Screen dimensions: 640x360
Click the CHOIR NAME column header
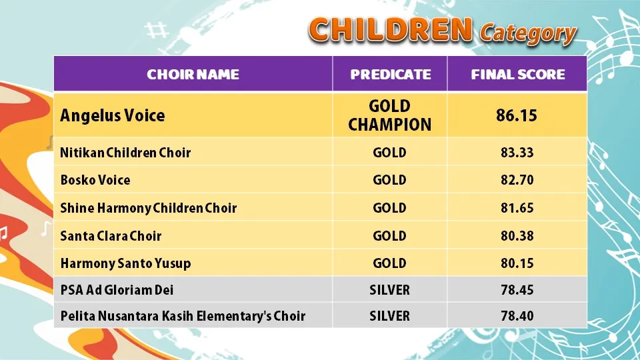(x=193, y=74)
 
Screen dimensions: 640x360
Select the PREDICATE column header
(x=391, y=74)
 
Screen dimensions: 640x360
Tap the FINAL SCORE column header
(x=518, y=74)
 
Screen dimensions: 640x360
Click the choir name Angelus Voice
(x=113, y=115)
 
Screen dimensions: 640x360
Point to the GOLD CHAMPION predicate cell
(x=390, y=115)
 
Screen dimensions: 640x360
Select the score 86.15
(x=517, y=115)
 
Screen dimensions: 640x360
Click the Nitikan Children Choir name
(x=126, y=153)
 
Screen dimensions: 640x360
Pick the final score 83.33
(x=517, y=153)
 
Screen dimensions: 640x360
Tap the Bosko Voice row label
(x=95, y=180)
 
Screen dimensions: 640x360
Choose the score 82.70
(x=517, y=180)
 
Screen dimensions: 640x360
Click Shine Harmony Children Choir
(x=149, y=208)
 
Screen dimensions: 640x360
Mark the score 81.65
(x=517, y=208)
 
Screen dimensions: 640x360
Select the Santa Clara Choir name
(x=111, y=236)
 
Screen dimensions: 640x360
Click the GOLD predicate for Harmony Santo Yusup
(x=390, y=263)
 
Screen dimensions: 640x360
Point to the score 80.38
(x=517, y=236)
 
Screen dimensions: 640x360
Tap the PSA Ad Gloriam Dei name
(x=117, y=290)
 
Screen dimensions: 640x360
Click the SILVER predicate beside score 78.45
(x=390, y=290)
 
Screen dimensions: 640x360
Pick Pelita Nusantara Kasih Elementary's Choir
(x=183, y=316)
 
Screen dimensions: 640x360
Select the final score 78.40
(x=517, y=316)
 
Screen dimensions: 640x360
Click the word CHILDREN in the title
(x=391, y=30)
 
